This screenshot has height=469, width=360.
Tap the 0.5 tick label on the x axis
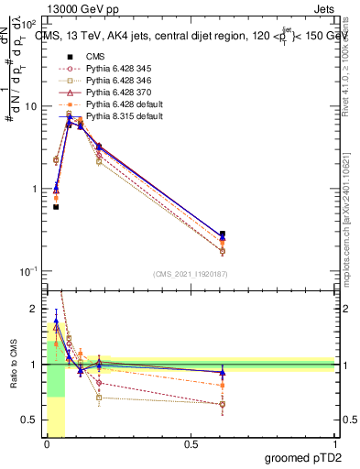tap(191, 445)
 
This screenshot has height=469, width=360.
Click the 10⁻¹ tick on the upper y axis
tap(27, 271)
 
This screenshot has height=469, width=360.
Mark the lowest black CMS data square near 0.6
tap(56, 207)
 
